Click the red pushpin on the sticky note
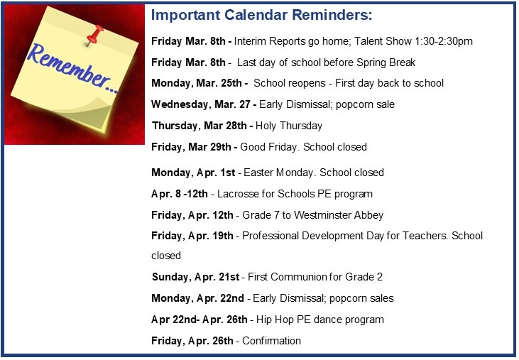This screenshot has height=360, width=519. point(94,34)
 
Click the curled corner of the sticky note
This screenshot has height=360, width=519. point(95,116)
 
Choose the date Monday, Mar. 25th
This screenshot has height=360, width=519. point(197,83)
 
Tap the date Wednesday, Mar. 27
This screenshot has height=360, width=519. point(201,104)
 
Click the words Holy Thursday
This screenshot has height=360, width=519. point(289,126)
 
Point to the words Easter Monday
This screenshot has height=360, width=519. point(278,173)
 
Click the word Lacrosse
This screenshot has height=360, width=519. point(238,194)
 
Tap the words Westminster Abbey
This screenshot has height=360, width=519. point(339,215)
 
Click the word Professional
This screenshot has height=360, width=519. point(270,236)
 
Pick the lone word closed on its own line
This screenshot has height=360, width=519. point(166,256)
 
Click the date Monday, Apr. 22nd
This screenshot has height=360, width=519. point(197,298)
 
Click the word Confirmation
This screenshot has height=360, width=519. point(271,341)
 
